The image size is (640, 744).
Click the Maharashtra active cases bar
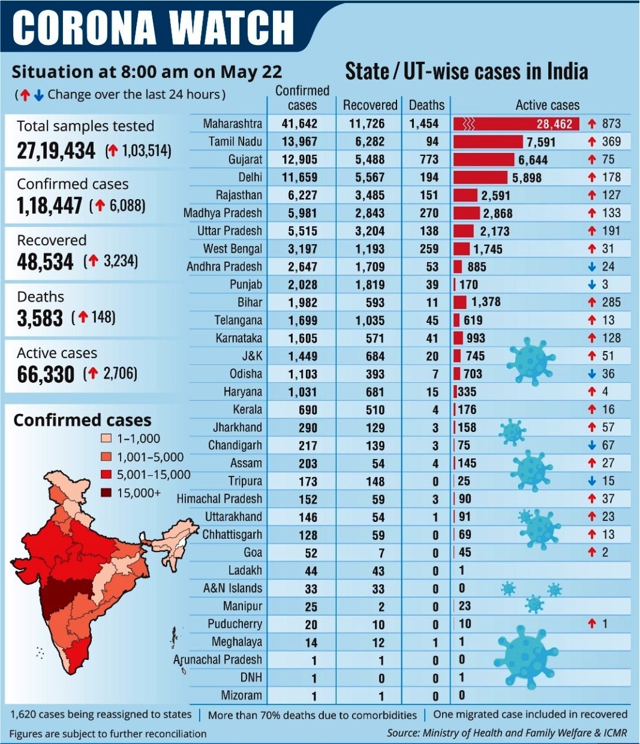point(516,124)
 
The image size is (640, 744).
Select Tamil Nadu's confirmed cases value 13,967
point(302,142)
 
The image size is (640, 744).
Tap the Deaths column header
point(426,105)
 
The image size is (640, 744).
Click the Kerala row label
point(247,410)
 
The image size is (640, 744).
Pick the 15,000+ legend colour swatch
point(106,493)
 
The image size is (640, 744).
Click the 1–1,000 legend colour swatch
point(106,439)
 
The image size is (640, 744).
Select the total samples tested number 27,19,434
point(56,150)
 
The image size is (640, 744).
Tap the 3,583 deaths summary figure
point(40,318)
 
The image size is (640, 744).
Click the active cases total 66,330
point(46,374)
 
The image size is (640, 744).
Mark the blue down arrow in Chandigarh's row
point(592,445)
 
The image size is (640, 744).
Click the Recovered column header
point(370,105)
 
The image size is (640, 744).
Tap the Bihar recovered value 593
point(375,302)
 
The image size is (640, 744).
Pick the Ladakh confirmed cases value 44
point(311,571)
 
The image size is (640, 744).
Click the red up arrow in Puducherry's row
point(592,624)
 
